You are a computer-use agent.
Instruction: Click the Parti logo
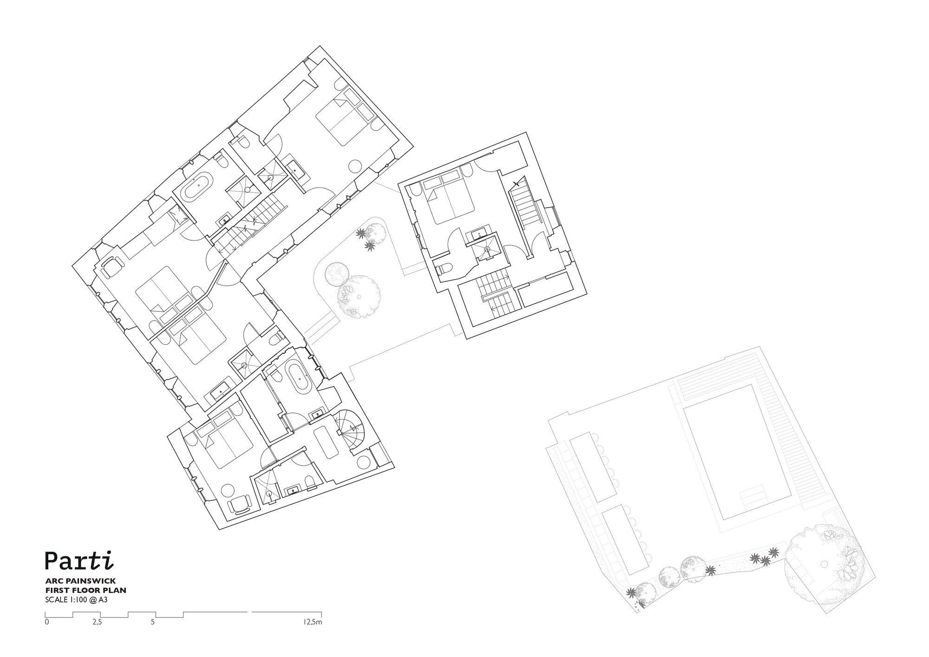[79, 560]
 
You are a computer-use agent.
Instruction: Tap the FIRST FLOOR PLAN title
[85, 590]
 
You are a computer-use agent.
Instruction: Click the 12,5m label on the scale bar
[313, 622]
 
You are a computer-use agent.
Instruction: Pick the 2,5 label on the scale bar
[97, 622]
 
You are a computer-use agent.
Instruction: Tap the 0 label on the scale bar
[47, 622]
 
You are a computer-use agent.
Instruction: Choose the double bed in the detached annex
[448, 200]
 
